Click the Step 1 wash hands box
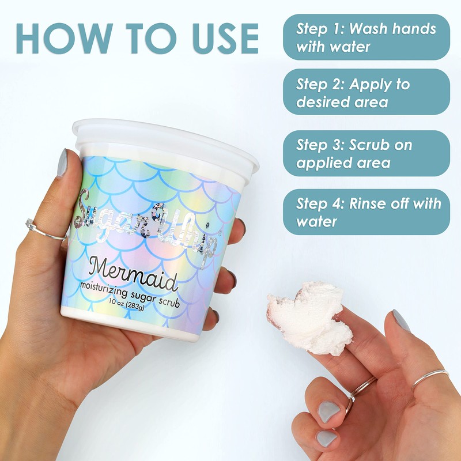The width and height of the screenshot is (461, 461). (x=366, y=37)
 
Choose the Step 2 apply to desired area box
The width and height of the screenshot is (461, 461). (x=366, y=92)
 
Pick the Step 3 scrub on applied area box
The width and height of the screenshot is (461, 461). (x=366, y=153)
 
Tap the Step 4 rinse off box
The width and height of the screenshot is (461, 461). (x=366, y=211)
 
